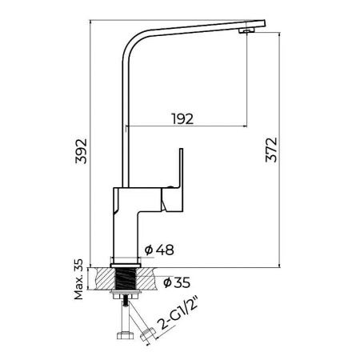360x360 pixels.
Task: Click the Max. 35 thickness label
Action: (81, 276)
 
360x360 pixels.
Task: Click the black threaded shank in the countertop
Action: (125, 281)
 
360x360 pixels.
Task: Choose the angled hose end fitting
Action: (149, 335)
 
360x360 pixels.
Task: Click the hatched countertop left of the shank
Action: (103, 279)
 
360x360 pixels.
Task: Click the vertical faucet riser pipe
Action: (126, 120)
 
